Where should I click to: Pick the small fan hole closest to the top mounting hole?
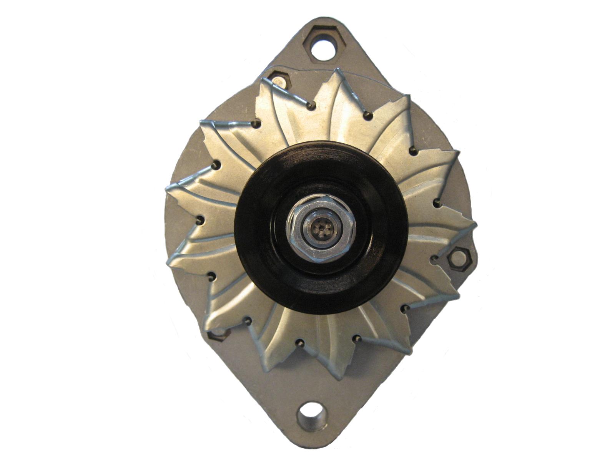pyautogui.click(x=312, y=104)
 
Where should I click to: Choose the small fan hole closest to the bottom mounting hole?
pyautogui.click(x=301, y=343)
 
